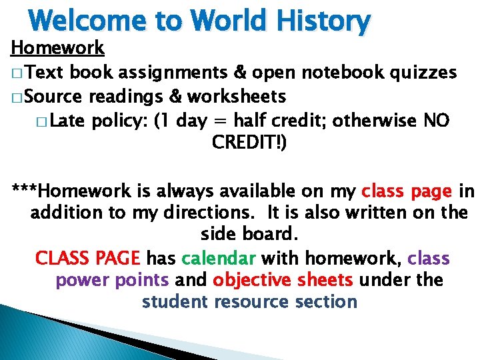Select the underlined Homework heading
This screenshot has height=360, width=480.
tap(57, 48)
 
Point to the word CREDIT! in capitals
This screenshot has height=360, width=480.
tap(249, 143)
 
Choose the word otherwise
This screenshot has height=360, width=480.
tap(375, 121)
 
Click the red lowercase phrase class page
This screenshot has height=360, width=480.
tap(406, 192)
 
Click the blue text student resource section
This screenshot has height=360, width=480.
tap(249, 301)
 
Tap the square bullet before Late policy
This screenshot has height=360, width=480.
tap(42, 122)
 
